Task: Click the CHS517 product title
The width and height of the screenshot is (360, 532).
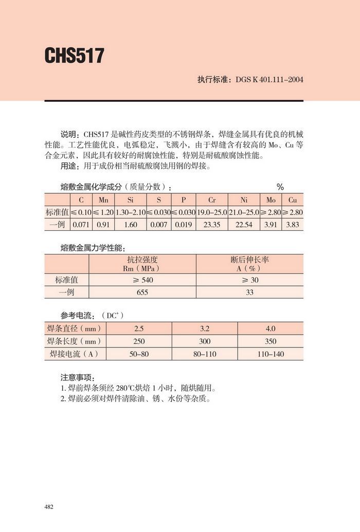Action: [x=75, y=56]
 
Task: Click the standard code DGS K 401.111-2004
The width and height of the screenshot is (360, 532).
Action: [x=269, y=80]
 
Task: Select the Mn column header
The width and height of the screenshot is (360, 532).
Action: [x=103, y=199]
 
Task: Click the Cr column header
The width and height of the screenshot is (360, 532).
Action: [x=212, y=199]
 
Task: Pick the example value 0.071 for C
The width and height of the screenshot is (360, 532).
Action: [x=81, y=225]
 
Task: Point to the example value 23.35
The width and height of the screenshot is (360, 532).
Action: [x=212, y=225]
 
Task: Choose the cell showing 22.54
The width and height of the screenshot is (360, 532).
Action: [x=244, y=225]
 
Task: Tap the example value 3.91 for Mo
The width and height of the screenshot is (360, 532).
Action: [x=271, y=225]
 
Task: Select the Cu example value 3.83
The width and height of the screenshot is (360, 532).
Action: [x=292, y=225]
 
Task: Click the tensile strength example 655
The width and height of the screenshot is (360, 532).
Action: [x=142, y=292]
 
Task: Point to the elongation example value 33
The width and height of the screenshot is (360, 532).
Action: [x=249, y=292]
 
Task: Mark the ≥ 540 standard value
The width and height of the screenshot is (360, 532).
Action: [x=142, y=280]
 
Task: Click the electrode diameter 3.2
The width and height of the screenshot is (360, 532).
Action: [x=198, y=328]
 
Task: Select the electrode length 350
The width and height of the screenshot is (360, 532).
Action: [x=271, y=341]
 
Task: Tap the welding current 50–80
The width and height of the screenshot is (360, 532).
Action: [x=139, y=354]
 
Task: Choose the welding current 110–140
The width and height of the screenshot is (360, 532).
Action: [x=271, y=354]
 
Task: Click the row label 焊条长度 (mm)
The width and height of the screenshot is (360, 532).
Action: [x=74, y=341]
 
